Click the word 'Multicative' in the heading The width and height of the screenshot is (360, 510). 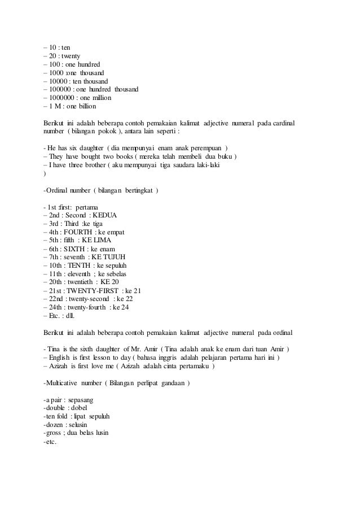tap(61, 383)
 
